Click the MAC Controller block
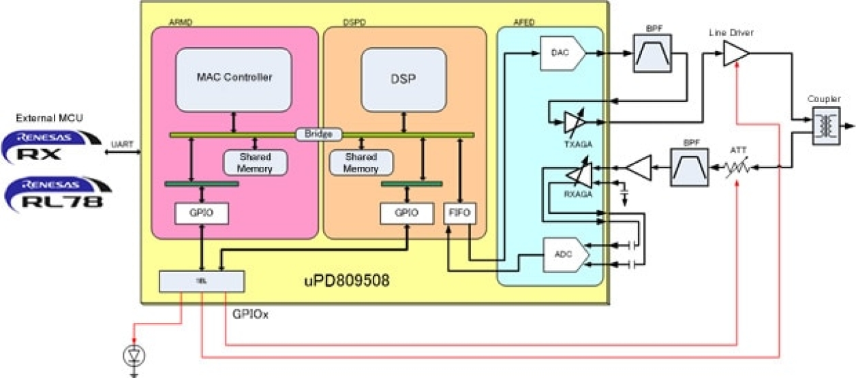(234, 78)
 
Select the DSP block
(404, 79)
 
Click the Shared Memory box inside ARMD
(255, 162)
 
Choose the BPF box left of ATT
(690, 168)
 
